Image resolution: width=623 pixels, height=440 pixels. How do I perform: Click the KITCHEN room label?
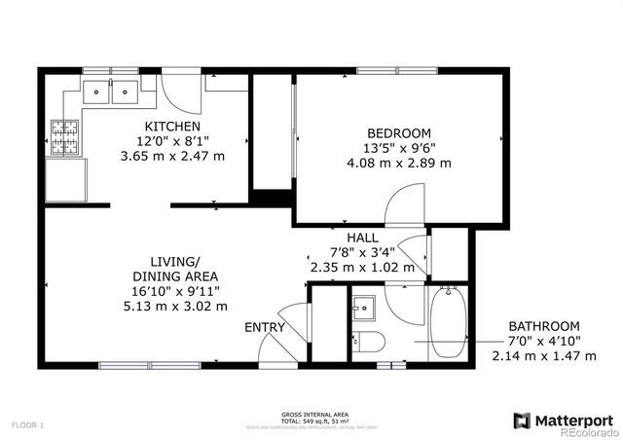(172, 127)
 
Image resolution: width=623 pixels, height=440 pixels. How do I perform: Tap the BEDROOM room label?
(399, 133)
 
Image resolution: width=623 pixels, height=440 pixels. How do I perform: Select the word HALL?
(362, 237)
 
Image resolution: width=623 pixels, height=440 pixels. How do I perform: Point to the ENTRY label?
(264, 328)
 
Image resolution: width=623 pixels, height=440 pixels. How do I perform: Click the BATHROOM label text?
(544, 326)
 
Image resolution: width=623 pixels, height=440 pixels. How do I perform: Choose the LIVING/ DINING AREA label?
(175, 268)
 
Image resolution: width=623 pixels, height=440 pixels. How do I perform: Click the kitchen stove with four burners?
(65, 136)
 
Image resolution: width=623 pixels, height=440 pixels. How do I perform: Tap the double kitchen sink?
(110, 92)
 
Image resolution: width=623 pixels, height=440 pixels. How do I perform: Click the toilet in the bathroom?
(370, 341)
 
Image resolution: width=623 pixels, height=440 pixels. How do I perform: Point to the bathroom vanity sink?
(363, 307)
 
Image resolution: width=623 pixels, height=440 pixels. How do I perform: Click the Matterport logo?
(564, 420)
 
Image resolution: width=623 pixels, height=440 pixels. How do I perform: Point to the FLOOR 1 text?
(28, 425)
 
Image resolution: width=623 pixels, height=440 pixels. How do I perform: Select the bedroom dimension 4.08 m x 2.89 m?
(399, 164)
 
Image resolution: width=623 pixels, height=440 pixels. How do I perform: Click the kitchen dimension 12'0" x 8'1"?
(172, 141)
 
